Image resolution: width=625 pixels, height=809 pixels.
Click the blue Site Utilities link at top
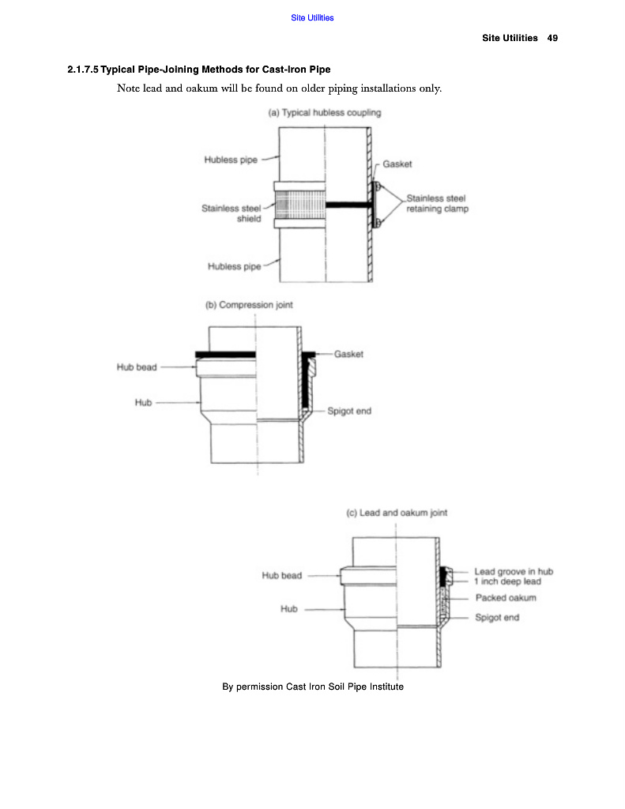point(312,18)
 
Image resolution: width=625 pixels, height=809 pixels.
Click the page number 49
point(552,38)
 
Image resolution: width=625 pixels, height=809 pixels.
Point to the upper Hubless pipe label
point(231,160)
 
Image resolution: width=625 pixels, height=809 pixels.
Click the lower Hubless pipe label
point(234,267)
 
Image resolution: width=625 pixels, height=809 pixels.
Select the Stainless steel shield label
point(232,213)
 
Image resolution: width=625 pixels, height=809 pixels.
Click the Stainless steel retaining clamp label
point(437,204)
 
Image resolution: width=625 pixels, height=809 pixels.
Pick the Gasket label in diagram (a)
point(397,164)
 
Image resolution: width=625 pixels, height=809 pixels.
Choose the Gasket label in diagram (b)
point(348,355)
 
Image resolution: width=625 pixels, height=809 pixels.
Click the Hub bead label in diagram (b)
point(137,367)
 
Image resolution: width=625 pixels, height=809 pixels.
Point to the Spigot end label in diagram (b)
point(349,412)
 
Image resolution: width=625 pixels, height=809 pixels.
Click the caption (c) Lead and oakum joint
point(397,513)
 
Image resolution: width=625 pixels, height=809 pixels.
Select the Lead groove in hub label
point(514,571)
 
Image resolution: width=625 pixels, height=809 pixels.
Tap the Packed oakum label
point(506,598)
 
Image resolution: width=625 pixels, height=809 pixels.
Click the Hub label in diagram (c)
point(289,609)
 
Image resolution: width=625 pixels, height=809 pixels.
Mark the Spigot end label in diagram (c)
point(497,617)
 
